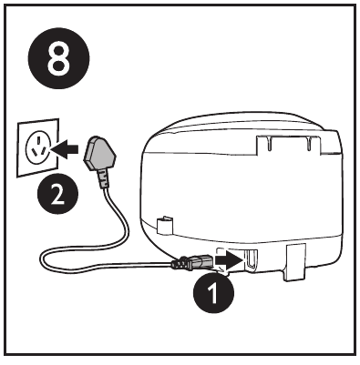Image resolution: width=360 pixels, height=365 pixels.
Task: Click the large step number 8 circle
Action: coord(59,58)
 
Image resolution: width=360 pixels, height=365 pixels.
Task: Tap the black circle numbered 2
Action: coord(57,194)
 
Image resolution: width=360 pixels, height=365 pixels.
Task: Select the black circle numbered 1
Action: coord(213,292)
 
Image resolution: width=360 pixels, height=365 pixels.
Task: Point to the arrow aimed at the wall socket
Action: coord(65,149)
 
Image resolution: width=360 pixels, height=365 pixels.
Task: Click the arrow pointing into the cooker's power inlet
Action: coord(230,259)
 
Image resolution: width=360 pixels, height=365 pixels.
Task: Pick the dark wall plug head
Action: coord(99,154)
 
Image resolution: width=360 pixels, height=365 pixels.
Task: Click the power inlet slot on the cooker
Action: coord(252,259)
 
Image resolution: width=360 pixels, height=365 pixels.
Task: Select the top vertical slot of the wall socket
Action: coord(38,141)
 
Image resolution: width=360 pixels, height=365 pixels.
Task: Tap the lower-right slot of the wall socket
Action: coord(45,150)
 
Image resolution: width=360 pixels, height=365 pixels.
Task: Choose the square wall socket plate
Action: coord(38,147)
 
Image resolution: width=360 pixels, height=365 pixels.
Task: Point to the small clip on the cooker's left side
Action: coord(164,225)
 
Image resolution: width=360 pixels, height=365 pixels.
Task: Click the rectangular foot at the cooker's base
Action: coord(295,262)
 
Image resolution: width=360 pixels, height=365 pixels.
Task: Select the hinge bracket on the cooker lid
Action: coord(288,144)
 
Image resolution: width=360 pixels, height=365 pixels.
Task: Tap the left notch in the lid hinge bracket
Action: coord(270,143)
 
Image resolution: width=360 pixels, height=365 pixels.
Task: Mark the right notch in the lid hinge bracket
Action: coord(308,144)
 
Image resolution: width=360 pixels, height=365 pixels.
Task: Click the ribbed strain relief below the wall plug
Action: coord(103,178)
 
